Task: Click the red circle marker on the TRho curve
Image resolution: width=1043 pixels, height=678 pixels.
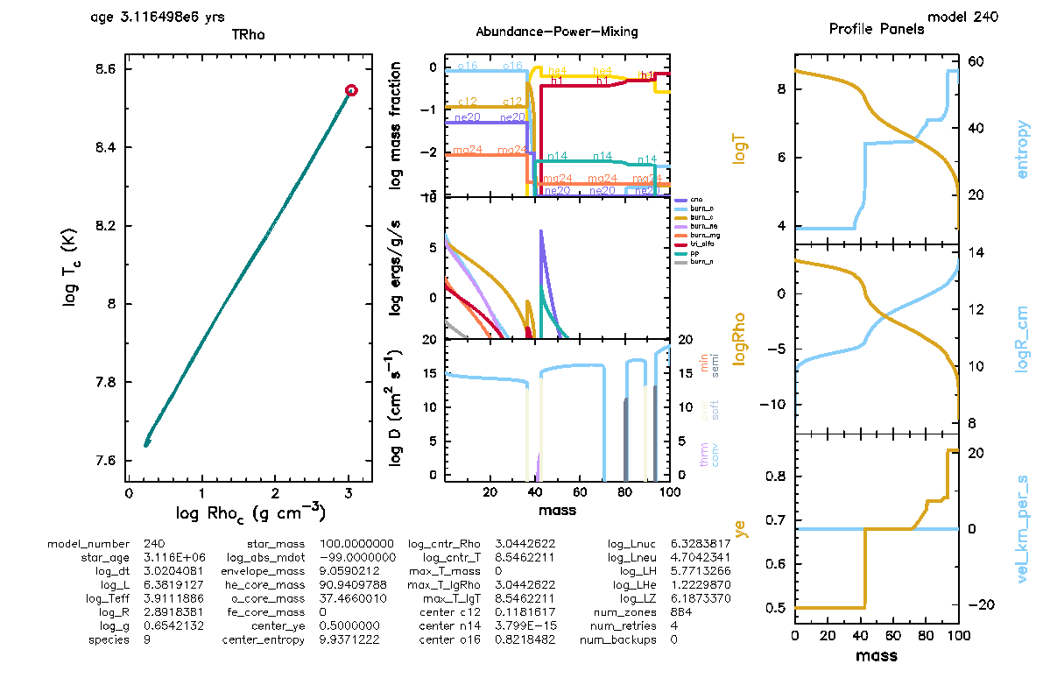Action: [x=351, y=90]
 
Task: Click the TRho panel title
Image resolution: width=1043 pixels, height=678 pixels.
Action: [x=248, y=35]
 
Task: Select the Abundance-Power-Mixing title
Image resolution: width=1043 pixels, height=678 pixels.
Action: [x=557, y=32]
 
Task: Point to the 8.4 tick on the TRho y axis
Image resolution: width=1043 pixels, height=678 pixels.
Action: [x=107, y=147]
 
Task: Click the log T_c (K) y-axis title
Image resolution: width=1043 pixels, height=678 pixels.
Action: [x=70, y=263]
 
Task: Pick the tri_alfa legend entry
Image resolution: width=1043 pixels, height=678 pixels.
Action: [x=699, y=244]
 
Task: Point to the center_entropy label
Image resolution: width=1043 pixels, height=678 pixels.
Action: [x=264, y=639]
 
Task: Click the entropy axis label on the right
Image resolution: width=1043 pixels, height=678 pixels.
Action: [x=1022, y=150]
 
